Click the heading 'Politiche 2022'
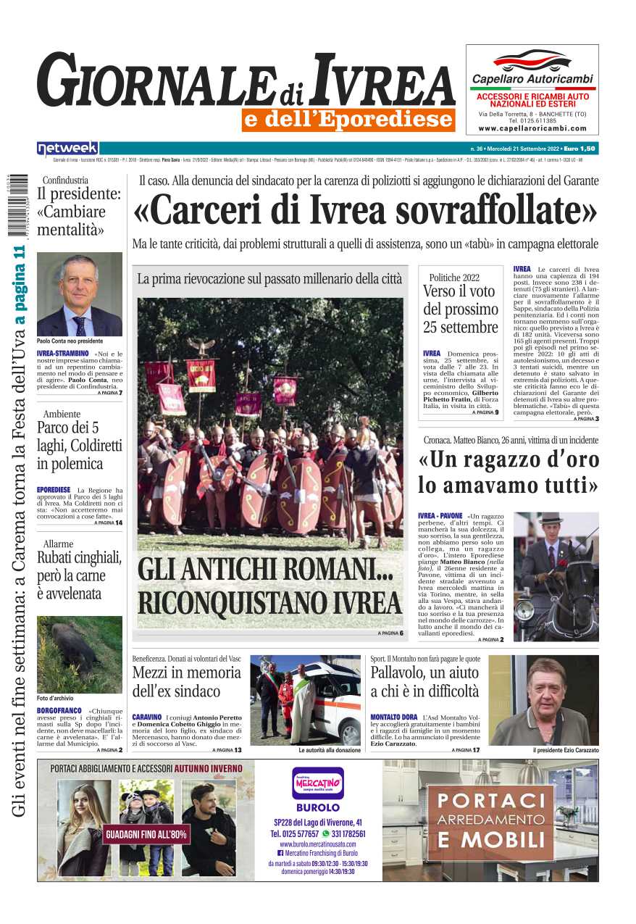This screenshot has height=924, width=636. point(454,277)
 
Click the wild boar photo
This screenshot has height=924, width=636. point(79,654)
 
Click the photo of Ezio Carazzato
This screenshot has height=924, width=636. point(544,700)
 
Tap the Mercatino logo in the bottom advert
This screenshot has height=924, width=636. point(317,783)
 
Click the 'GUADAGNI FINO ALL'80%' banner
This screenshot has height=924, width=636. point(146,835)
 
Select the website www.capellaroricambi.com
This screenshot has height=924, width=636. point(532,128)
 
